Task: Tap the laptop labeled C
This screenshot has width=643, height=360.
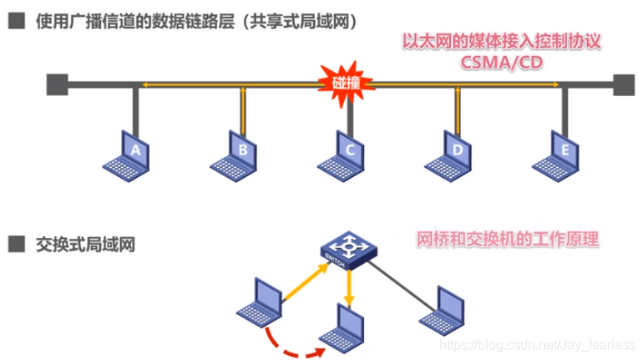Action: click(348, 151)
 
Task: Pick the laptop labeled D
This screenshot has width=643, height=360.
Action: click(457, 151)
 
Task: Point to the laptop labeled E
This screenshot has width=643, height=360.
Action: click(565, 151)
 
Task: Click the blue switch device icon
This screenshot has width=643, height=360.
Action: click(349, 248)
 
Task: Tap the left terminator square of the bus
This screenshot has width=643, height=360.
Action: click(56, 84)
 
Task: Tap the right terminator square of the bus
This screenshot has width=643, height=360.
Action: click(622, 84)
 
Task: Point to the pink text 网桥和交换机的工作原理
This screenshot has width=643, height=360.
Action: click(507, 239)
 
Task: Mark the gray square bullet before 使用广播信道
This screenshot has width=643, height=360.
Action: click(16, 22)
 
